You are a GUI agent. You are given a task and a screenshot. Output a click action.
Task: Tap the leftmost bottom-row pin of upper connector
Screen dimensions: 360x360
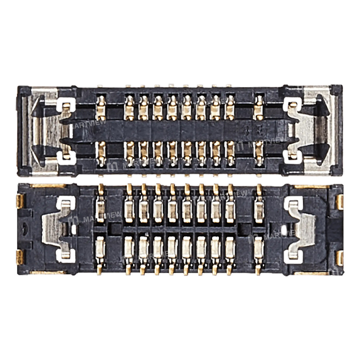click(101, 153)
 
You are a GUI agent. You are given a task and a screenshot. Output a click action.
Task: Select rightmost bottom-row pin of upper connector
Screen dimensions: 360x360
click(258, 153)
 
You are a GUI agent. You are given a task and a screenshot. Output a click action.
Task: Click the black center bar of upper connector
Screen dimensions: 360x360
click(180, 130)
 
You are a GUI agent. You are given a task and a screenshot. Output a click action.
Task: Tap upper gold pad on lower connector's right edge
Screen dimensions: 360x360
click(339, 202)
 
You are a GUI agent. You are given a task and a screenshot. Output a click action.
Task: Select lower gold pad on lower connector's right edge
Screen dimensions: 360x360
click(339, 257)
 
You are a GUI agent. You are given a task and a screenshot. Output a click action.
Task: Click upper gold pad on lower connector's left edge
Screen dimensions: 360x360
click(20, 202)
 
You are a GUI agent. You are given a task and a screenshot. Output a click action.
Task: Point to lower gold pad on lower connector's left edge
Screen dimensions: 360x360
click(20, 257)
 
